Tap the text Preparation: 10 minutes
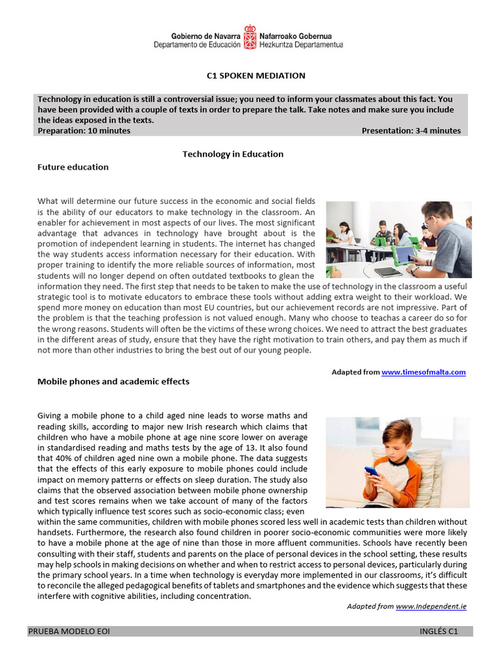pyautogui.click(x=84, y=131)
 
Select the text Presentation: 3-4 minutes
pyautogui.click(x=411, y=131)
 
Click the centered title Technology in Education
pyautogui.click(x=233, y=154)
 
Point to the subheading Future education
pyautogui.click(x=73, y=167)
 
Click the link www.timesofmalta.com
pyautogui.click(x=423, y=372)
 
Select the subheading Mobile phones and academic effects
pyautogui.click(x=113, y=381)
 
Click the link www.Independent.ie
pyautogui.click(x=431, y=606)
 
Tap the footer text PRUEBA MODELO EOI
pyautogui.click(x=69, y=631)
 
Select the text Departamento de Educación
pyautogui.click(x=197, y=45)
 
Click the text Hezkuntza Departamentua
pyautogui.click(x=301, y=45)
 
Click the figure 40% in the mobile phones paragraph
pyautogui.click(x=56, y=458)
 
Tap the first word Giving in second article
pyautogui.click(x=50, y=416)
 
